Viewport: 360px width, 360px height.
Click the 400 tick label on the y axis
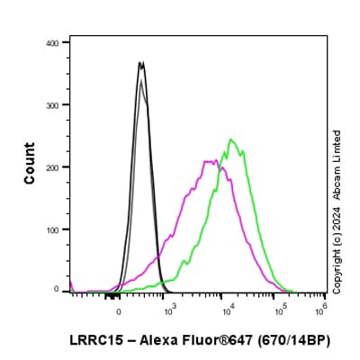pyautogui.click(x=53, y=42)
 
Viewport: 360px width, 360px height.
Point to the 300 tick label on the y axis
pyautogui.click(x=53, y=104)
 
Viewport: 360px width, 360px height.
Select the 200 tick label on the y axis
pyautogui.click(x=53, y=166)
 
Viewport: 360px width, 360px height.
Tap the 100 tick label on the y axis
pyautogui.click(x=53, y=229)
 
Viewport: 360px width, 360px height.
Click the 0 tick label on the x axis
pyautogui.click(x=119, y=312)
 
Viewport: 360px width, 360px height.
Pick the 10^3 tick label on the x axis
pyautogui.click(x=170, y=311)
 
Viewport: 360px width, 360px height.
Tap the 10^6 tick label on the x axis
pyautogui.click(x=320, y=311)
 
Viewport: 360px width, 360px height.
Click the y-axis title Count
pyautogui.click(x=30, y=166)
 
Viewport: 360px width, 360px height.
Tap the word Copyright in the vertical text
pyautogui.click(x=337, y=265)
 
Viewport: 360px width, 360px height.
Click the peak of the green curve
pyautogui.click(x=231, y=139)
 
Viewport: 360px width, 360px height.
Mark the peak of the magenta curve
pyautogui.click(x=210, y=161)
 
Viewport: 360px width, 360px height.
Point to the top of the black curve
pyautogui.click(x=140, y=62)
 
